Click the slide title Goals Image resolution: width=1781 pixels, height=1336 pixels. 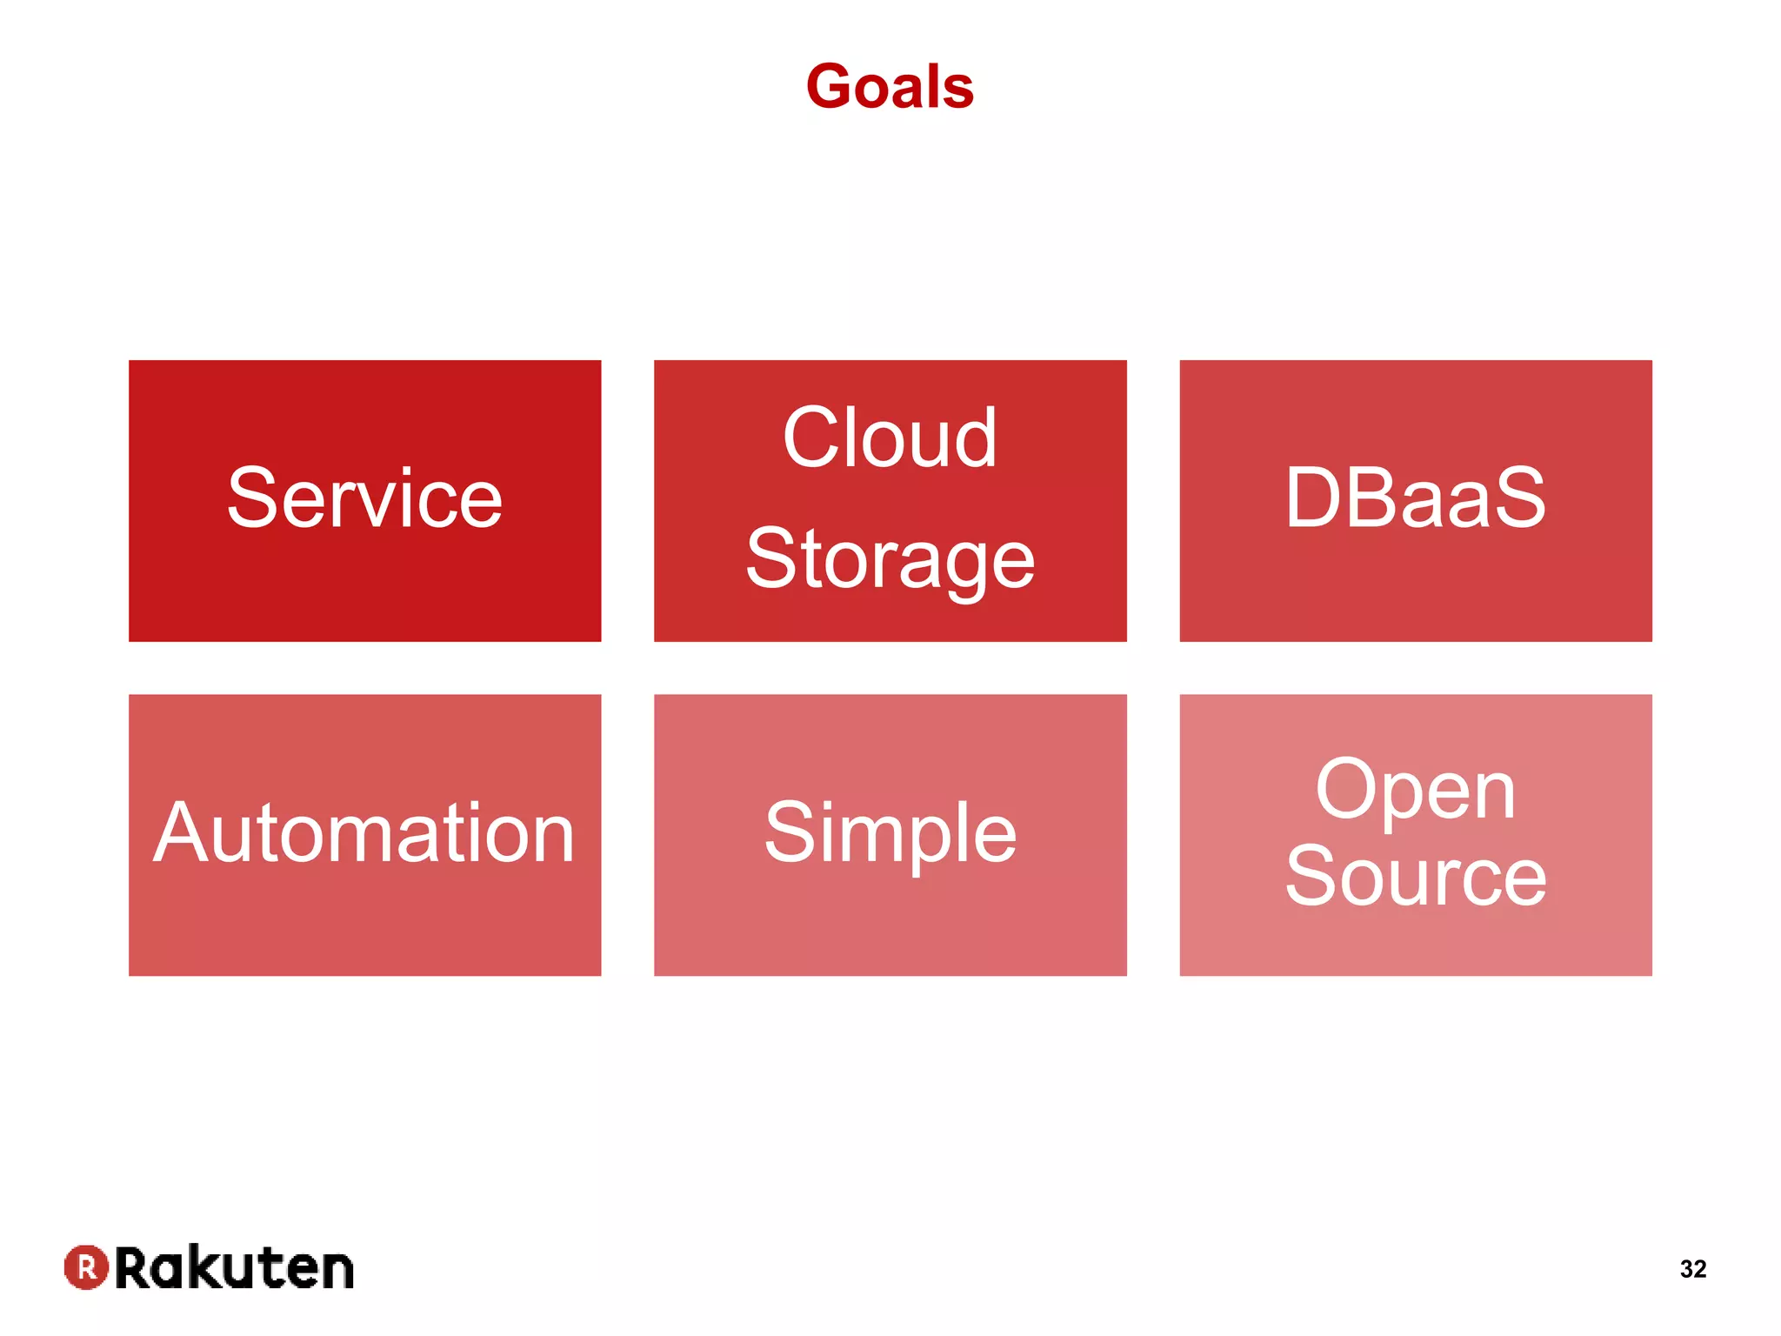(890, 87)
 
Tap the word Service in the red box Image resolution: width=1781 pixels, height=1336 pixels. (364, 498)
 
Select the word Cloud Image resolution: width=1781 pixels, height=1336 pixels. (889, 438)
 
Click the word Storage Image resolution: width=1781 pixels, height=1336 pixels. (890, 559)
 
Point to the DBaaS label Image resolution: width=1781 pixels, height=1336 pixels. (1415, 498)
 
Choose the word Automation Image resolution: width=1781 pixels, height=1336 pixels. (364, 833)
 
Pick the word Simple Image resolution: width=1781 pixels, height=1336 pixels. (890, 833)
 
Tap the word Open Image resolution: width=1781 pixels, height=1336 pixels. (1415, 790)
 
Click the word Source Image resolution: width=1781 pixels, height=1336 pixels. (1415, 877)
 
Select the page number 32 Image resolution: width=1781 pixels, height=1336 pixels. (1692, 1269)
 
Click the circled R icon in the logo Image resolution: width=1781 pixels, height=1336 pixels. (86, 1267)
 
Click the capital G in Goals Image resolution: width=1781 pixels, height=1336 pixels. (833, 87)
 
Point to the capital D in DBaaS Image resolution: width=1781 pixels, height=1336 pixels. (1316, 498)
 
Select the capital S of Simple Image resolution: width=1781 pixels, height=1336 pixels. (788, 833)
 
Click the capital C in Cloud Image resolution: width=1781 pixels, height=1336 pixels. (813, 438)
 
